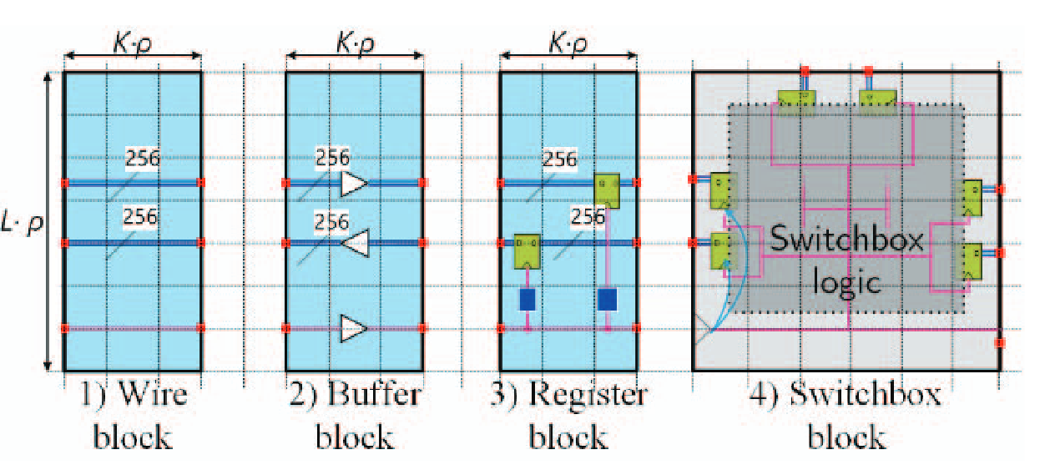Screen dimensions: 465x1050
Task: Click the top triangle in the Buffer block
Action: pyautogui.click(x=354, y=183)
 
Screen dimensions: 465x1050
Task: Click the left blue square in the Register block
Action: pyautogui.click(x=527, y=299)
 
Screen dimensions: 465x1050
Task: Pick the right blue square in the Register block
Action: pyautogui.click(x=608, y=299)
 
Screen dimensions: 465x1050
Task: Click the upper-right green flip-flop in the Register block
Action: pyautogui.click(x=607, y=191)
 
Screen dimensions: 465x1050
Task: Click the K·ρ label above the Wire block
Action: pyautogui.click(x=134, y=40)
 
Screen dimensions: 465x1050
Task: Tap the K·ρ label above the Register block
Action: pyautogui.click(x=568, y=40)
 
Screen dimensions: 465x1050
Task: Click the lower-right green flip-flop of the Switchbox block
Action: pyautogui.click(x=972, y=262)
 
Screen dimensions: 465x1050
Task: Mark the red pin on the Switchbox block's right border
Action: pyautogui.click(x=1000, y=342)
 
